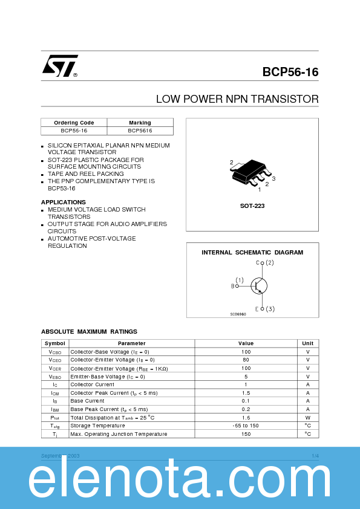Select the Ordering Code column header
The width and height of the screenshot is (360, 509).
[x=74, y=123]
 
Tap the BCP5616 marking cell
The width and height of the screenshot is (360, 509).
[x=140, y=131]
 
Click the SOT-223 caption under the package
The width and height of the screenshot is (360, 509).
[x=252, y=206]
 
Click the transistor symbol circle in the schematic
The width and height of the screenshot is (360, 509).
[x=259, y=285]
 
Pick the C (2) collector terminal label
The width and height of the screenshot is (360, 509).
[x=265, y=263]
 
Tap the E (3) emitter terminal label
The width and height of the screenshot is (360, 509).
[x=265, y=309]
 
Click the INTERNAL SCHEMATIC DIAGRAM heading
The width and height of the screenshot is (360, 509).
[x=252, y=253]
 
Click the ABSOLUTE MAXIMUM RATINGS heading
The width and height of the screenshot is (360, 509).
[x=89, y=332]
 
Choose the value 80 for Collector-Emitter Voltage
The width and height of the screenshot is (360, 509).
[x=246, y=360]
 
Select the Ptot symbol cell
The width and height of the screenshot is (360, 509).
[x=55, y=418]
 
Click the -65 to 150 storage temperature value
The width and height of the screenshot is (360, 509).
[x=246, y=426]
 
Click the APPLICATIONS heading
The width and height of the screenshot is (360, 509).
[x=64, y=203]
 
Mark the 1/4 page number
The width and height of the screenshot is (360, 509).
[x=315, y=455]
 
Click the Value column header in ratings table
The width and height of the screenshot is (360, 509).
[x=246, y=343]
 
